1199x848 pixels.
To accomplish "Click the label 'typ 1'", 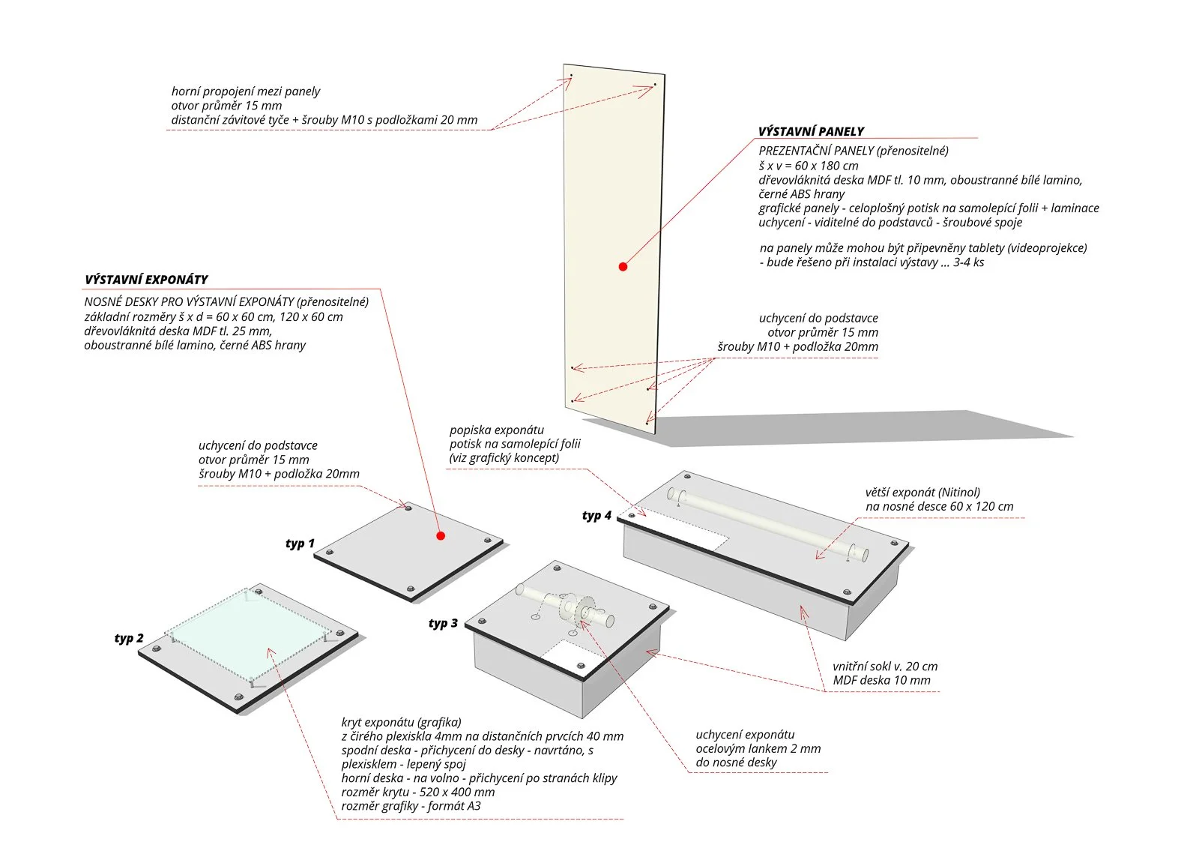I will click(300, 544).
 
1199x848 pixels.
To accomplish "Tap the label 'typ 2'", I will click(129, 638).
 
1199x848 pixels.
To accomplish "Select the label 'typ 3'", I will click(443, 623).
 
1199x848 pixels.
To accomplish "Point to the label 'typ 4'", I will click(597, 516).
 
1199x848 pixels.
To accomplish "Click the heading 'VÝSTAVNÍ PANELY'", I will click(811, 131).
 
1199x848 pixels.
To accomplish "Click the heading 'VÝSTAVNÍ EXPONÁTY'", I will click(146, 280).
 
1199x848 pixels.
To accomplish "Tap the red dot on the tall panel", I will click(623, 266).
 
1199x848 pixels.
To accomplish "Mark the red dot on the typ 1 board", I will click(441, 535).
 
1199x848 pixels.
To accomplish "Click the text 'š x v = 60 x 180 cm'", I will click(808, 166).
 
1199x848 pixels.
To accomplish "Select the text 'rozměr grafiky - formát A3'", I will click(411, 806).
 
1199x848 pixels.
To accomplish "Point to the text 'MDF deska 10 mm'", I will click(881, 681).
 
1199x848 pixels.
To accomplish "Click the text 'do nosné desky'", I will click(736, 763).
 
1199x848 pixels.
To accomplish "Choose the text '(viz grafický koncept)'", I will click(504, 458).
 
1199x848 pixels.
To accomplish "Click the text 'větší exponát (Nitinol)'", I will click(922, 493).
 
